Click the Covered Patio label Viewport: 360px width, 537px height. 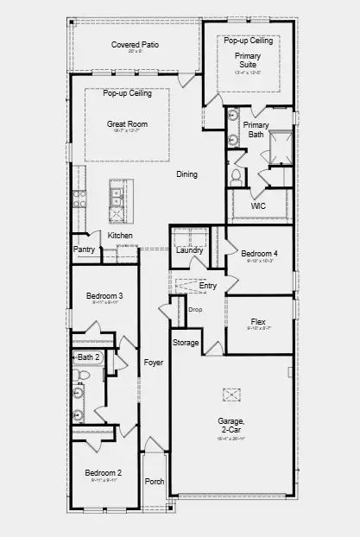[134, 45]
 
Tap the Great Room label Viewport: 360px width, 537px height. [127, 124]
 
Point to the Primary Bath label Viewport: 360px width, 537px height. [256, 130]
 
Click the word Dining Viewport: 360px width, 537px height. [186, 174]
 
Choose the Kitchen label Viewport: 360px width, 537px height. [120, 236]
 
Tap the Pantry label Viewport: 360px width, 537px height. [85, 250]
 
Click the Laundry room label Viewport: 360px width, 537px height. [190, 250]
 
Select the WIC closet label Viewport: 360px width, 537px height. [257, 207]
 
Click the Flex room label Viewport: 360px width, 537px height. [258, 321]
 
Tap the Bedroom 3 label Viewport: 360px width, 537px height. [104, 297]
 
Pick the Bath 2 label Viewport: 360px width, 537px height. [88, 357]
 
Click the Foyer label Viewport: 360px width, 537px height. [153, 363]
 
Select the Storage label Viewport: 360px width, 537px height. [186, 343]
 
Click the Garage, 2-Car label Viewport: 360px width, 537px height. [231, 426]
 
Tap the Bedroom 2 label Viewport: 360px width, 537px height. [102, 473]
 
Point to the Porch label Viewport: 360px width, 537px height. [154, 482]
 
